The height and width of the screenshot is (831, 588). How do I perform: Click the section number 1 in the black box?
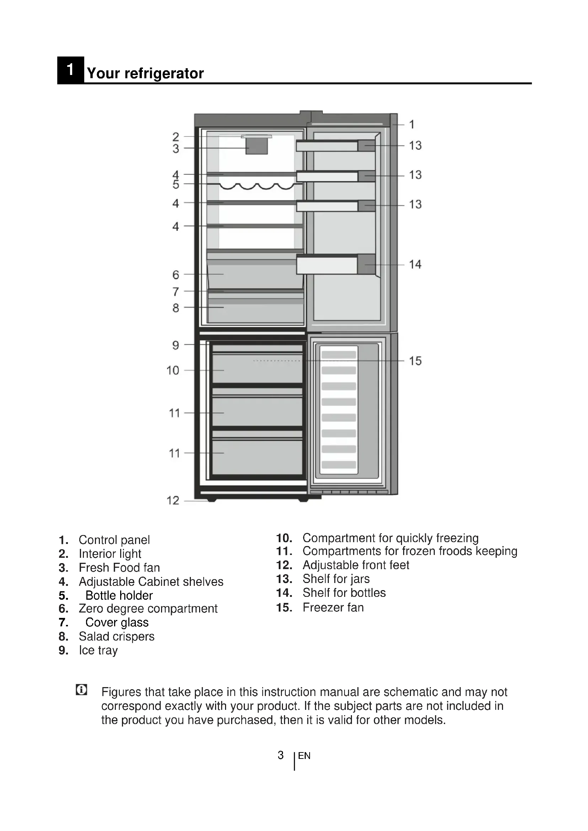pyautogui.click(x=70, y=70)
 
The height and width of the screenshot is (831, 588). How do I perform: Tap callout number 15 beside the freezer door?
pyautogui.click(x=415, y=361)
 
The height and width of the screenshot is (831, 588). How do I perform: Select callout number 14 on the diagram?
pyautogui.click(x=415, y=264)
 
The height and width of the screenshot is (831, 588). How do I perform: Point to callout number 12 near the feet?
pyautogui.click(x=173, y=500)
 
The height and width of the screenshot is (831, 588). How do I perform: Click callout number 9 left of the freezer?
pyautogui.click(x=176, y=345)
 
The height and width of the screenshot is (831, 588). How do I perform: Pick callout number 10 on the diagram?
pyautogui.click(x=173, y=370)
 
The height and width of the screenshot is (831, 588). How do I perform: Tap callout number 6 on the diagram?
pyautogui.click(x=176, y=275)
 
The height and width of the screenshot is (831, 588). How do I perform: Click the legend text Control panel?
pyautogui.click(x=114, y=540)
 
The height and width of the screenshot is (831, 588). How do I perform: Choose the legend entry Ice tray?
pyautogui.click(x=98, y=651)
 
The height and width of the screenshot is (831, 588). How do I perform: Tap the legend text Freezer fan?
pyautogui.click(x=333, y=607)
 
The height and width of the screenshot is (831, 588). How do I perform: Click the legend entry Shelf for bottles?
pyautogui.click(x=344, y=593)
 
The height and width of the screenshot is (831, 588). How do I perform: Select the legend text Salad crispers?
pyautogui.click(x=117, y=636)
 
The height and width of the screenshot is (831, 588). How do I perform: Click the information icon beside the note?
pyautogui.click(x=81, y=690)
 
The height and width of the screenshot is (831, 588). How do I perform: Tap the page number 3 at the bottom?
pyautogui.click(x=280, y=755)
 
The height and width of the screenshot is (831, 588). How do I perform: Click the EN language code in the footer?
pyautogui.click(x=304, y=756)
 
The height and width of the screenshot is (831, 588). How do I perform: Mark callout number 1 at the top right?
pyautogui.click(x=412, y=124)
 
